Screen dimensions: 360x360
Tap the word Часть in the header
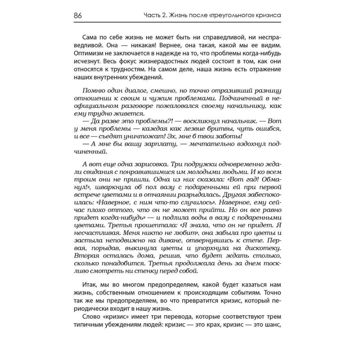(x=151, y=16)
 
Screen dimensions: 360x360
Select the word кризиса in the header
(x=267, y=16)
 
